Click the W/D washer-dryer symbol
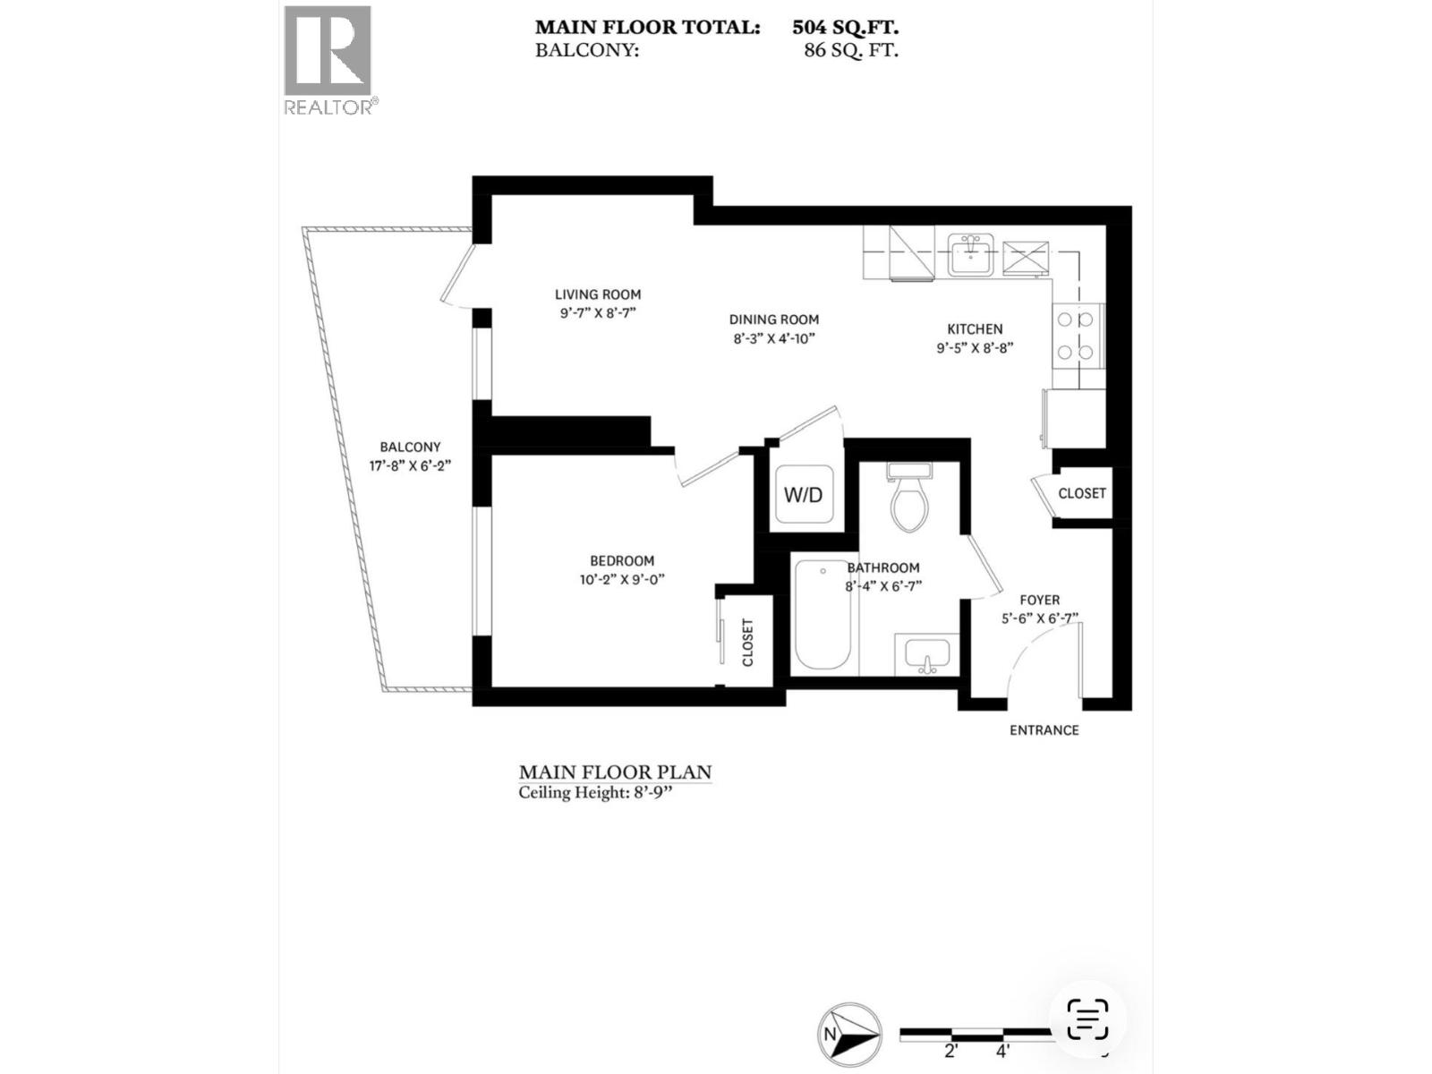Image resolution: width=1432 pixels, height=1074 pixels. pyautogui.click(x=803, y=495)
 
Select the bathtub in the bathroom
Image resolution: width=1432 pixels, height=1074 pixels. pyautogui.click(x=823, y=615)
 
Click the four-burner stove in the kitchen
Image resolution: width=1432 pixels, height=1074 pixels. pyautogui.click(x=1077, y=335)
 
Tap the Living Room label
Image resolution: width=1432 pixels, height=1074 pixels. pyautogui.click(x=598, y=294)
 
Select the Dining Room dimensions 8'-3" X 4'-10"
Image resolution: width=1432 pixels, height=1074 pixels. pyautogui.click(x=773, y=338)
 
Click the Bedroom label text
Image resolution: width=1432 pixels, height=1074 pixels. pyautogui.click(x=622, y=561)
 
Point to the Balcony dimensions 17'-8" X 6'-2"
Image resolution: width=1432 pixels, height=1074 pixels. pyautogui.click(x=410, y=465)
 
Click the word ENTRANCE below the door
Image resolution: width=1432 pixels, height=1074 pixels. pyautogui.click(x=1044, y=730)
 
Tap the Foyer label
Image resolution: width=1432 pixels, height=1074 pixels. pyautogui.click(x=1040, y=601)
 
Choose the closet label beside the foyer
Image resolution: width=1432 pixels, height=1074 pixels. pyautogui.click(x=1082, y=493)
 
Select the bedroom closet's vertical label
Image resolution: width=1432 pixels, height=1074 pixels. pyautogui.click(x=748, y=643)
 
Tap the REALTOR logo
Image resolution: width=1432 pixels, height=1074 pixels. pyautogui.click(x=328, y=60)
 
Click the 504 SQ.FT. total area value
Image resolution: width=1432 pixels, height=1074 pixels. pyautogui.click(x=845, y=28)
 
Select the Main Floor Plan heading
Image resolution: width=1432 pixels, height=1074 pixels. pyautogui.click(x=615, y=771)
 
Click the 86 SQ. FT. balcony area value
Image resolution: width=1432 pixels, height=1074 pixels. pyautogui.click(x=851, y=50)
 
